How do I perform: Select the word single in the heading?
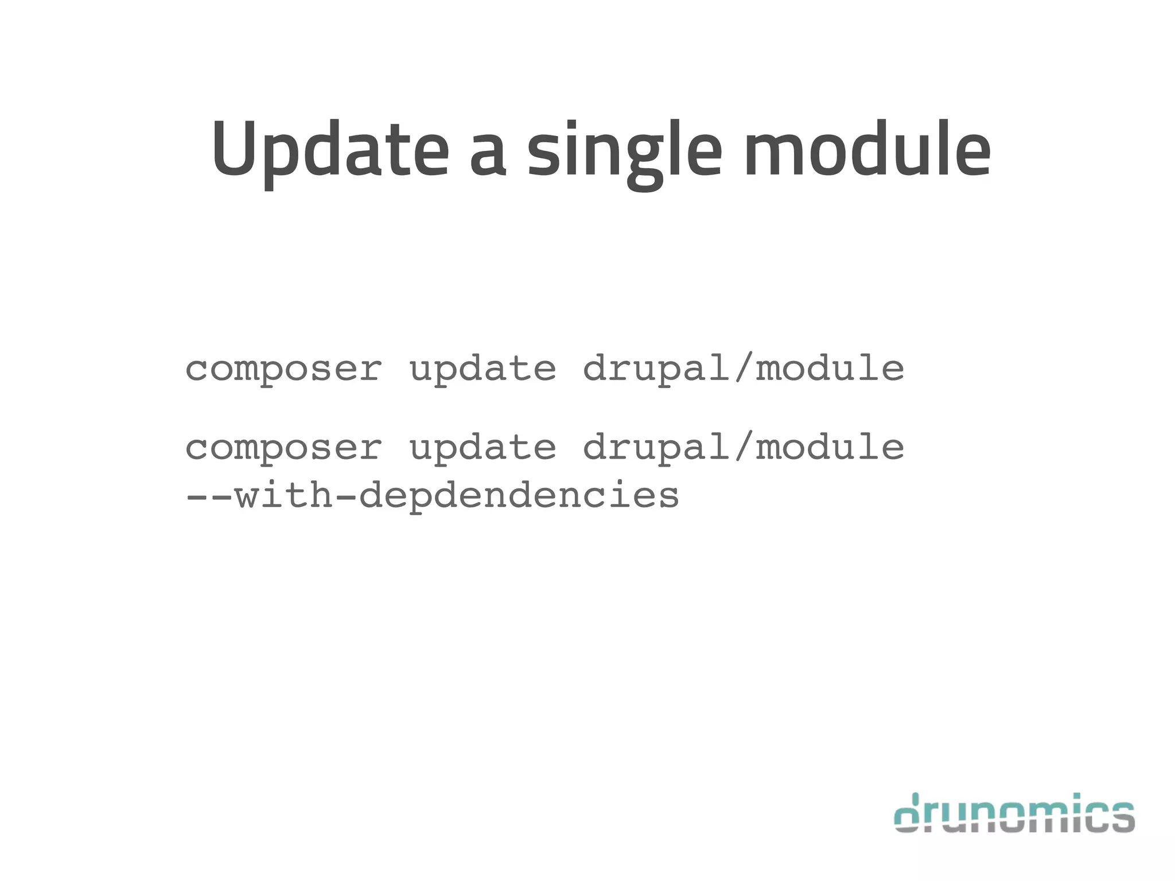624,152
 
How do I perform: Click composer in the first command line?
283,369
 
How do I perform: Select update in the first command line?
483,369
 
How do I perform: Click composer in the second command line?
283,448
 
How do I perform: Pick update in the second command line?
483,448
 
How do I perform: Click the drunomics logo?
1014,813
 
